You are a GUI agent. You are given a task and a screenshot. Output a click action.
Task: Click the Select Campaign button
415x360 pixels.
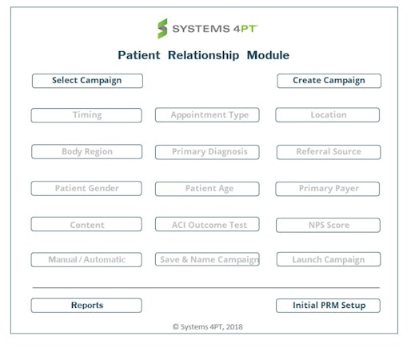(87, 81)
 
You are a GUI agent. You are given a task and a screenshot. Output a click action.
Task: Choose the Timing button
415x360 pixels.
(86, 115)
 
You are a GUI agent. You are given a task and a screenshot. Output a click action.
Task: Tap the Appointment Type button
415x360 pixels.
(207, 115)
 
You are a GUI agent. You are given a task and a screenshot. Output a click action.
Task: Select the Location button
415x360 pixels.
(328, 115)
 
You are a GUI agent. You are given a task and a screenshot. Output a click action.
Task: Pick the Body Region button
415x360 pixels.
(87, 151)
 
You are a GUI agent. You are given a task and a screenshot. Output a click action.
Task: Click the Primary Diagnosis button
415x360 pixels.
(207, 152)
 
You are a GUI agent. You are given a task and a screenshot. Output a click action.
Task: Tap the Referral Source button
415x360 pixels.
(329, 152)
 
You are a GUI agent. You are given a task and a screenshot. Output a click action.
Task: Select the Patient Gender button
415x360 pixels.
(86, 189)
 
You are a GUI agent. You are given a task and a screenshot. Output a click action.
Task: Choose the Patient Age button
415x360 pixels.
(207, 189)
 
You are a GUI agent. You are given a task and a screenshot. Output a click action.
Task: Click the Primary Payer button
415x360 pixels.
(328, 189)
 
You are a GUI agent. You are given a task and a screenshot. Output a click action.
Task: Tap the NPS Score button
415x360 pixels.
(328, 225)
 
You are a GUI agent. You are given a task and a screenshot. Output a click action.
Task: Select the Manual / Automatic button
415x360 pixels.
(86, 260)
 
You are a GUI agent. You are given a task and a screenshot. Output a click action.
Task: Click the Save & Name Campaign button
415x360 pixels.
(207, 259)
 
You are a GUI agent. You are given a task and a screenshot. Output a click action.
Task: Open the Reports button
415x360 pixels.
(86, 306)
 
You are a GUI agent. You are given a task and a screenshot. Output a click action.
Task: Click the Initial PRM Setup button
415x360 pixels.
(328, 306)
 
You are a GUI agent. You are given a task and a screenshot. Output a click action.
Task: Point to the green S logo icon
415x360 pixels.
(162, 29)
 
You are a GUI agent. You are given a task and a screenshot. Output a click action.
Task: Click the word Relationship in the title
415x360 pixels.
(203, 55)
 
